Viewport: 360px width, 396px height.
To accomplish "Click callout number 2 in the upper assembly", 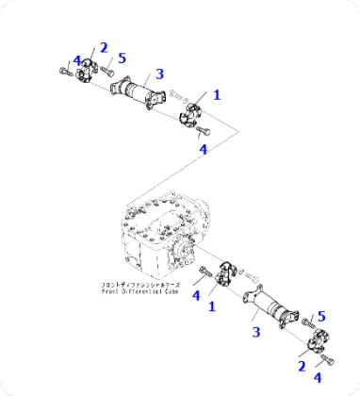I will [103, 47].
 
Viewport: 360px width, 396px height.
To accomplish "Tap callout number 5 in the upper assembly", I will [122, 58].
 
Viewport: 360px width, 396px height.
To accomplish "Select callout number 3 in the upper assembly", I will [159, 73].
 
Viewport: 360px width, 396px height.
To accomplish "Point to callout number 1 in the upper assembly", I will [216, 94].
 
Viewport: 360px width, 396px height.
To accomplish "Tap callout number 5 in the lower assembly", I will [320, 316].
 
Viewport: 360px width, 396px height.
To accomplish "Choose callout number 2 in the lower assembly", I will [302, 365].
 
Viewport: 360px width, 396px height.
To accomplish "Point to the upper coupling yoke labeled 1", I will [196, 113].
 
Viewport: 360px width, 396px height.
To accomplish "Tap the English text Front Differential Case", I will [140, 292].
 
